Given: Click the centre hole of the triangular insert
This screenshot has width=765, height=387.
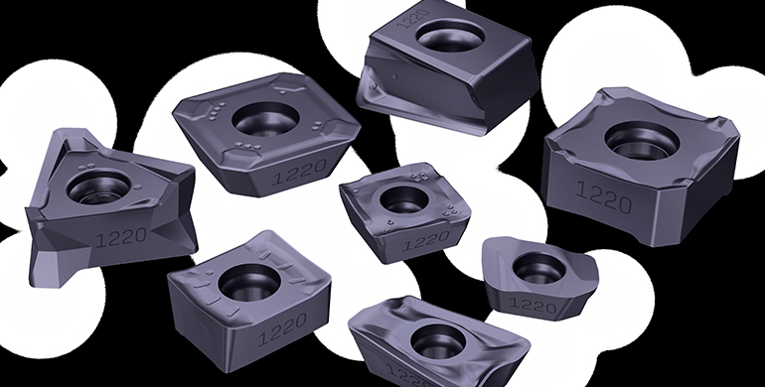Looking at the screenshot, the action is click(99, 188).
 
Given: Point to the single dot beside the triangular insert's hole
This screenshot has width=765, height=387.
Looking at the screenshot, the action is click(138, 187).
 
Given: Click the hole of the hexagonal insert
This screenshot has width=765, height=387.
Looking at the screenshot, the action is click(265, 119).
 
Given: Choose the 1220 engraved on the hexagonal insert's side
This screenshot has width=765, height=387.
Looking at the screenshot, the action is click(299, 172).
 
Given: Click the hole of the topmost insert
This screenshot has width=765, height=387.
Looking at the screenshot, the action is click(452, 35).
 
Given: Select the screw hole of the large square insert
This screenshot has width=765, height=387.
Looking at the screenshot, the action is click(642, 140).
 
